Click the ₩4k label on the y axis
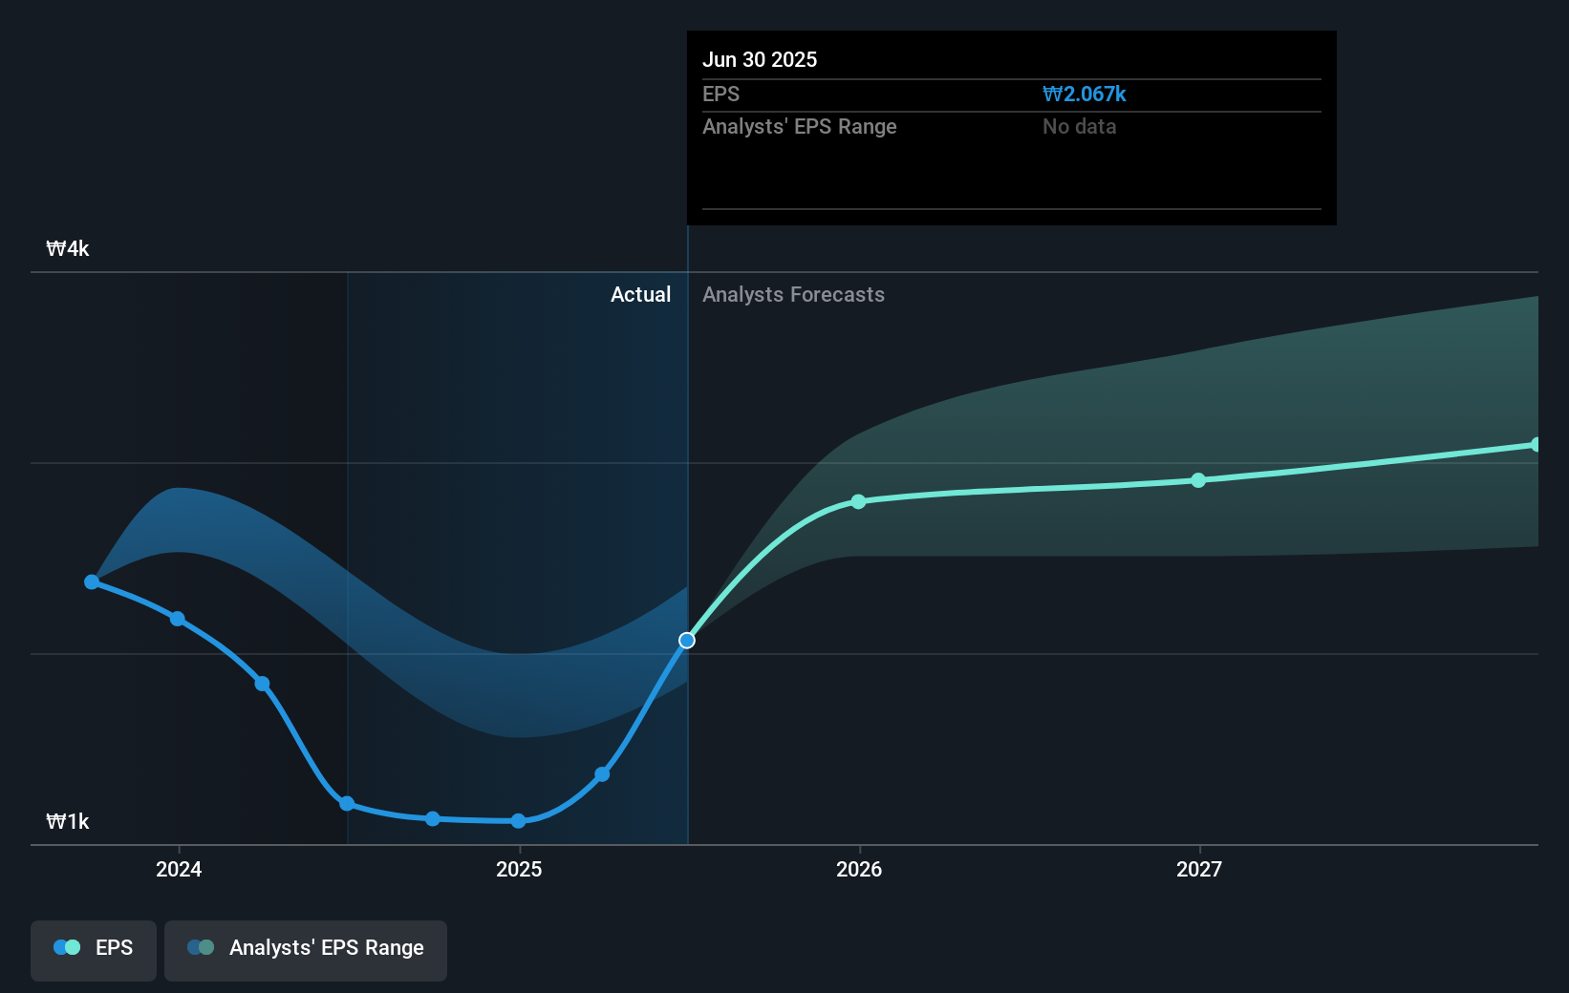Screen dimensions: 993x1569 [x=68, y=249]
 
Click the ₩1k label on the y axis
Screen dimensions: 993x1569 [x=68, y=822]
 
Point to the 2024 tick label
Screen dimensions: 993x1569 [x=179, y=869]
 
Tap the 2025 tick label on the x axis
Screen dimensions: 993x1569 [x=519, y=869]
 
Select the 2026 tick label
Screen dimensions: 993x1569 [x=859, y=869]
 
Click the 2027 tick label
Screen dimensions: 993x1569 [x=1199, y=869]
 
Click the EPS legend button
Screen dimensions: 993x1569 [x=94, y=949]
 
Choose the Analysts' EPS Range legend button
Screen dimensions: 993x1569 [x=306, y=949]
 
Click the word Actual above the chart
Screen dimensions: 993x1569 [x=640, y=295]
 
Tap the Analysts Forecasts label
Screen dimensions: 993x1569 [x=793, y=295]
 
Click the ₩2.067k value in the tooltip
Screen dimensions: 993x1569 [x=1084, y=95]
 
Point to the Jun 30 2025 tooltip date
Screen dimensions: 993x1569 [x=760, y=60]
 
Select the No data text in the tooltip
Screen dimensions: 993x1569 [x=1079, y=127]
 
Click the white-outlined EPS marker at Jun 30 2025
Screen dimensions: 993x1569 [x=687, y=641]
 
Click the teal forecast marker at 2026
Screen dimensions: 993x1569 [x=858, y=501]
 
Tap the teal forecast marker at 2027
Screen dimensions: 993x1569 [x=1198, y=480]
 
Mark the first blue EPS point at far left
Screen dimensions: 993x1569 [x=92, y=581]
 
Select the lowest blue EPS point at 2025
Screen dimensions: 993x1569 [x=518, y=821]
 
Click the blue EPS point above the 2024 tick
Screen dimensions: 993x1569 [x=178, y=619]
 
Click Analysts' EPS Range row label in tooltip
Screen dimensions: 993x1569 [x=799, y=127]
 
